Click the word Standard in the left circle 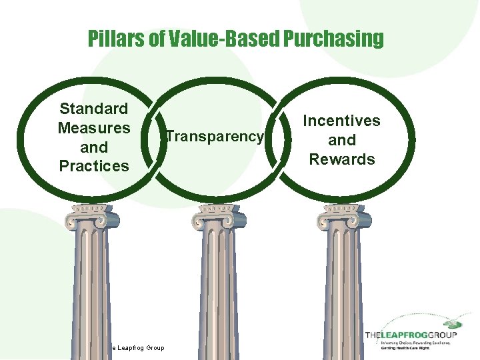point(94,109)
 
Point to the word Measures point(94,127)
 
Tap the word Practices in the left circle point(94,165)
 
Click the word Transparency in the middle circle point(215,137)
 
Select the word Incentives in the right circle point(342,121)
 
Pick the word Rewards point(342,159)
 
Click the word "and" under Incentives point(342,140)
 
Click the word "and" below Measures point(94,147)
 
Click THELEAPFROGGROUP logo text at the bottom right point(411,334)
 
